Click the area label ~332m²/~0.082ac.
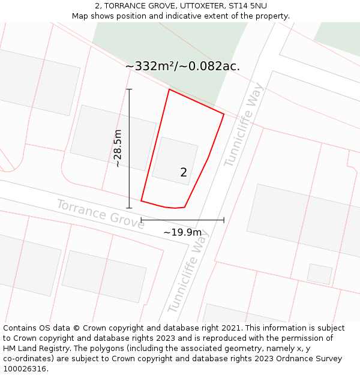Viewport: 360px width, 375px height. click(182, 66)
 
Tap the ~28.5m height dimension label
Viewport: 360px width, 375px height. click(118, 148)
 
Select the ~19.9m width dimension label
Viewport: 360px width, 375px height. click(182, 232)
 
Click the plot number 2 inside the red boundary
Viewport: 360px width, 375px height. click(184, 172)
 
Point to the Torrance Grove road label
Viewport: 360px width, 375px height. click(100, 214)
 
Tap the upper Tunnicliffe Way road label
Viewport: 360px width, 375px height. click(243, 125)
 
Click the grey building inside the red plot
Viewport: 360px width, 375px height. click(175, 160)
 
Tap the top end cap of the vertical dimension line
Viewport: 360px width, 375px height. click(129, 89)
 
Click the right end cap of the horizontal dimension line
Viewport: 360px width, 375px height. click(224, 220)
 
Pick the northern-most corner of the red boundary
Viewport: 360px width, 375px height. click(169, 89)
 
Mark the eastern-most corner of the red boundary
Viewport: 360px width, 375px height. click(224, 114)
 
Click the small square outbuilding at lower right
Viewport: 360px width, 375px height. click(319, 273)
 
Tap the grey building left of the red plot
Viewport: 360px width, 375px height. click(113, 137)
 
